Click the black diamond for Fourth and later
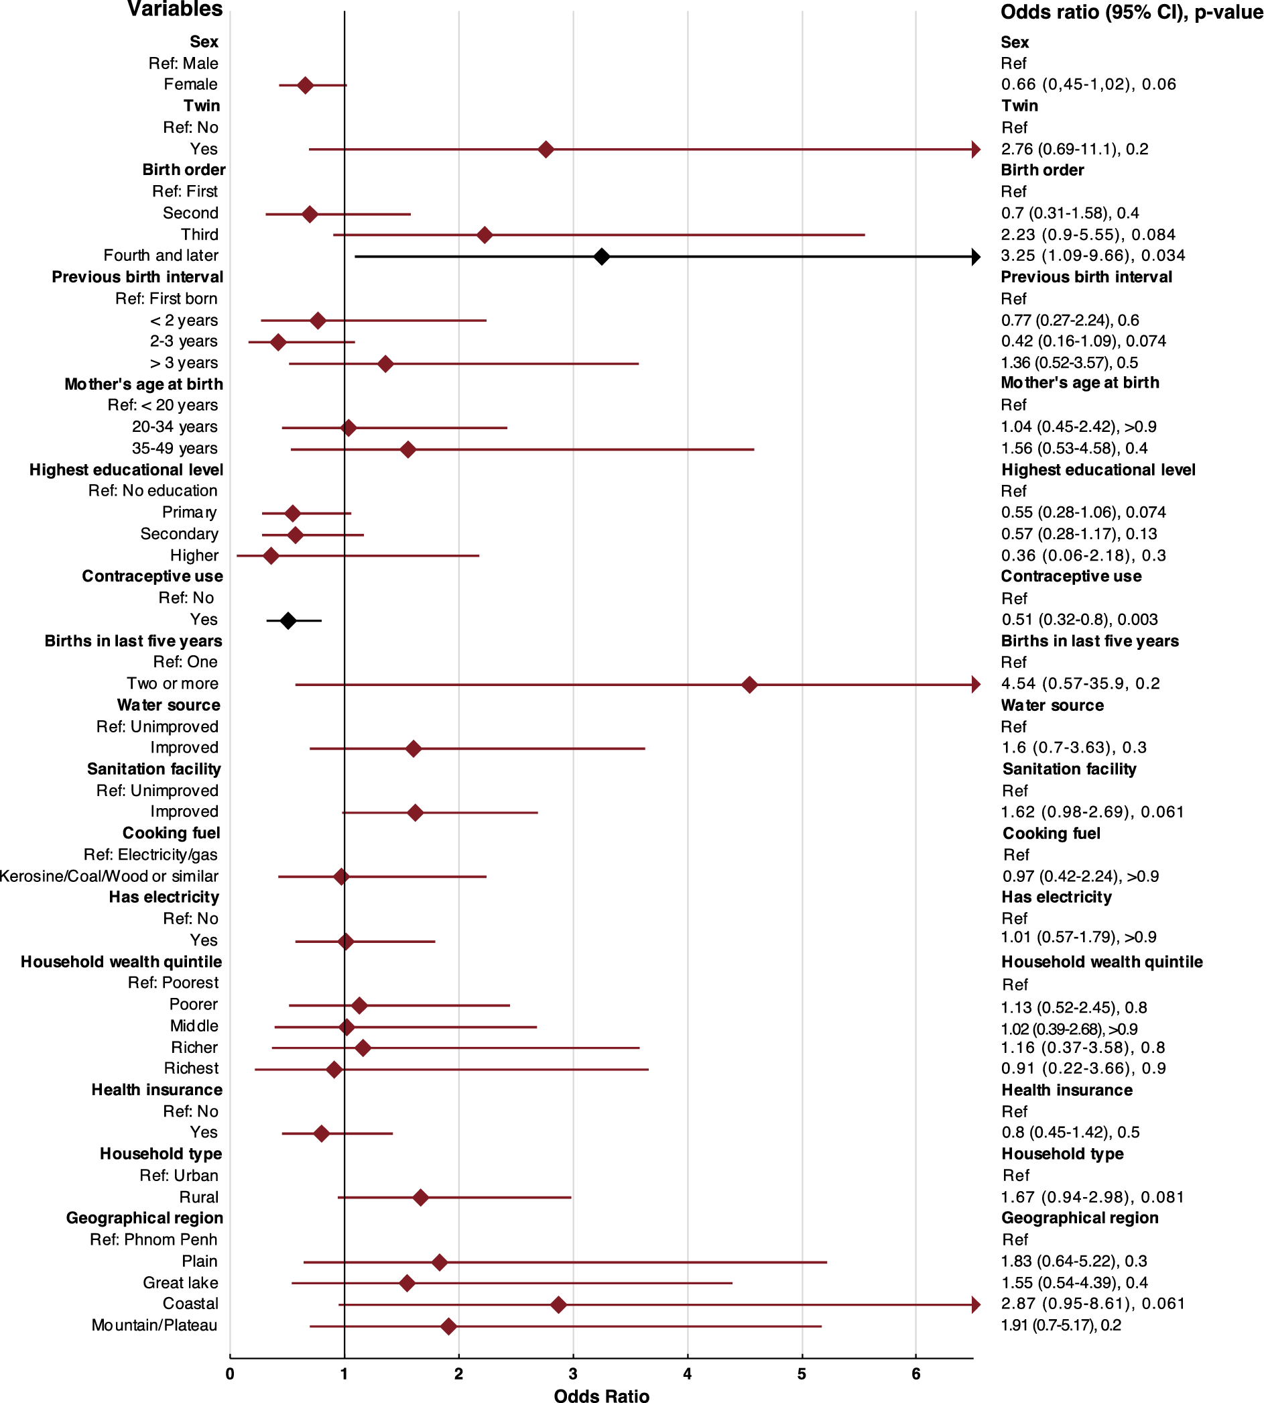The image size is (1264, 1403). (601, 256)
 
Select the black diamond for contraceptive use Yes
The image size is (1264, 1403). (288, 620)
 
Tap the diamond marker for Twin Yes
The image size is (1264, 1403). (546, 150)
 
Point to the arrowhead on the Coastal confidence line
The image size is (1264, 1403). (975, 1304)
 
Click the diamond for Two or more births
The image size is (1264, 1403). (749, 685)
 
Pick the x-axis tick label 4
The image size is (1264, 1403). (687, 1373)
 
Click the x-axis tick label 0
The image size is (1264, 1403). (230, 1373)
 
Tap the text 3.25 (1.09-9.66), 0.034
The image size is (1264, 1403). (1092, 256)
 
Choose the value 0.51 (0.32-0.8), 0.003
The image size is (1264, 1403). (1079, 619)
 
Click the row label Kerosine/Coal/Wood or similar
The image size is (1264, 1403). (109, 877)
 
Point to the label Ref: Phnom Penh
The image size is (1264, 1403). (153, 1240)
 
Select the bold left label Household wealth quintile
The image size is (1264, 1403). (121, 962)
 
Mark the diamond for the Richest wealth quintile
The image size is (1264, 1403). (334, 1070)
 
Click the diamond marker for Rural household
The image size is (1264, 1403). (420, 1197)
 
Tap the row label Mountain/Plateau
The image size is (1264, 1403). (154, 1325)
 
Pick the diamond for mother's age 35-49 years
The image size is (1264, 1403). (407, 449)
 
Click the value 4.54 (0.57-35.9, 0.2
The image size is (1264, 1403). (1080, 683)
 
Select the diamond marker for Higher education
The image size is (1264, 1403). (271, 556)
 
